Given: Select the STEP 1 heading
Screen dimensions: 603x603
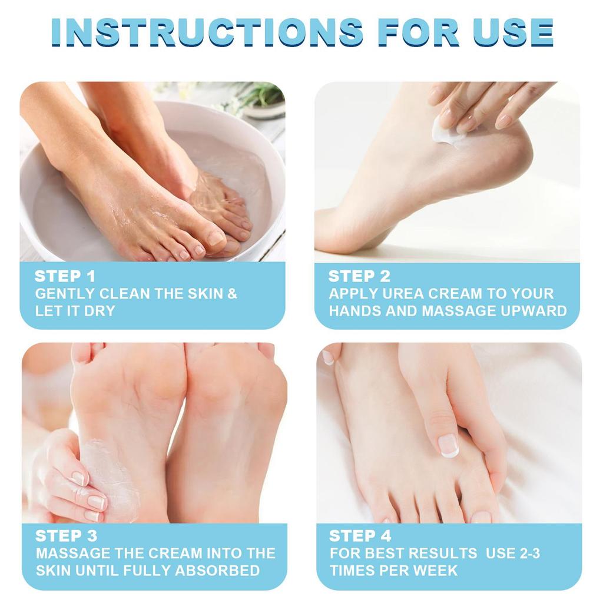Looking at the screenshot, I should (65, 276).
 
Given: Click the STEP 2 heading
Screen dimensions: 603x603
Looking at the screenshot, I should (359, 276).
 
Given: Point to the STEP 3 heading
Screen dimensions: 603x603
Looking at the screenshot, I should (67, 536).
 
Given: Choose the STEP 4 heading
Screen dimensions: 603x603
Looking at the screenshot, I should (360, 536).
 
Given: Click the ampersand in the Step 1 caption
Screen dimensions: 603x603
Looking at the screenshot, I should (233, 294).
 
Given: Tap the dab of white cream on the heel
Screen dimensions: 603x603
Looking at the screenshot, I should (446, 131).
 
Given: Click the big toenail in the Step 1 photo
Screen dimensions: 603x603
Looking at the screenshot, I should (216, 238).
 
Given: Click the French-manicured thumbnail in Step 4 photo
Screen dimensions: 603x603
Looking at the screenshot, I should (449, 445).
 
